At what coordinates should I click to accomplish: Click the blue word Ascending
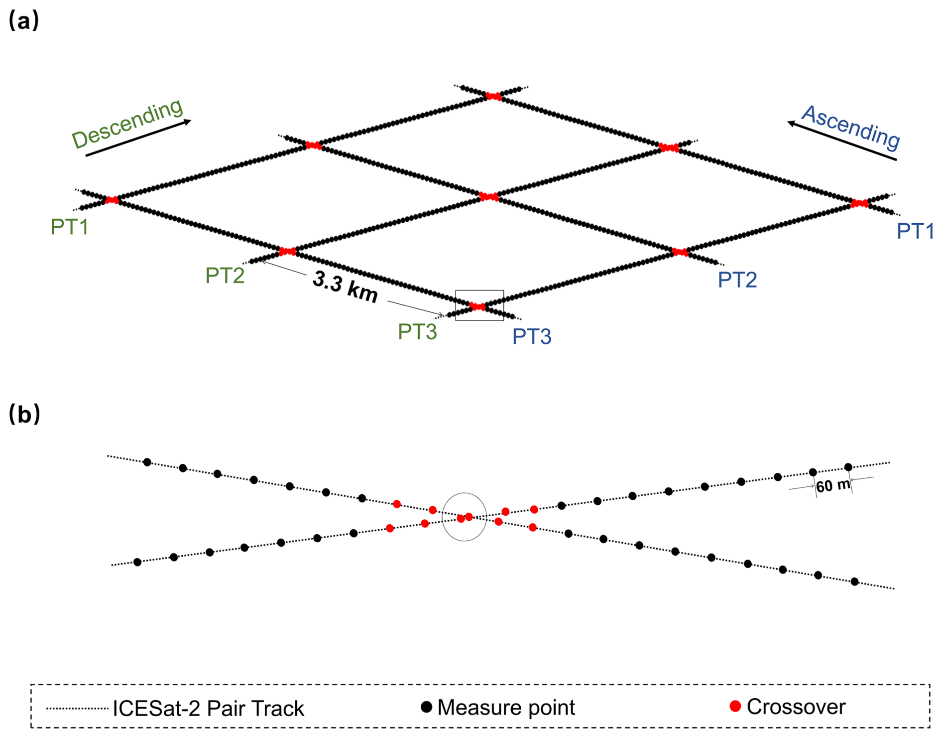[x=851, y=128]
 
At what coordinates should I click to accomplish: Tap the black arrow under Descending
[x=138, y=138]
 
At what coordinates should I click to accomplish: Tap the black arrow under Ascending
[x=841, y=141]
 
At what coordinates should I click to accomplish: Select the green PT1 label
[x=70, y=227]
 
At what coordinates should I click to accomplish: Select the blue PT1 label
[x=915, y=231]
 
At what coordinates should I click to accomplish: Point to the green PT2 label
[x=225, y=276]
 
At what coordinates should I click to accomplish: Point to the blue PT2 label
[x=737, y=280]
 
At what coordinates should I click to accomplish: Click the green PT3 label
[x=417, y=332]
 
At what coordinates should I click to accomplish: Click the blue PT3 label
[x=532, y=337]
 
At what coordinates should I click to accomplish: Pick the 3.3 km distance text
[x=345, y=288]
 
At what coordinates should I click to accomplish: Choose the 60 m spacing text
[x=832, y=485]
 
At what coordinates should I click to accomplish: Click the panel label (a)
[x=23, y=21]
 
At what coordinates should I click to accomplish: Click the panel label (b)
[x=24, y=414]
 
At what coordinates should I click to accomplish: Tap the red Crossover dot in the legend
[x=735, y=706]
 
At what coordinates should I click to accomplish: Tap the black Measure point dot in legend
[x=426, y=707]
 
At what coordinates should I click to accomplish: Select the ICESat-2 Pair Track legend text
[x=208, y=709]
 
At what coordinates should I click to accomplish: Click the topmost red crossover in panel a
[x=493, y=96]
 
